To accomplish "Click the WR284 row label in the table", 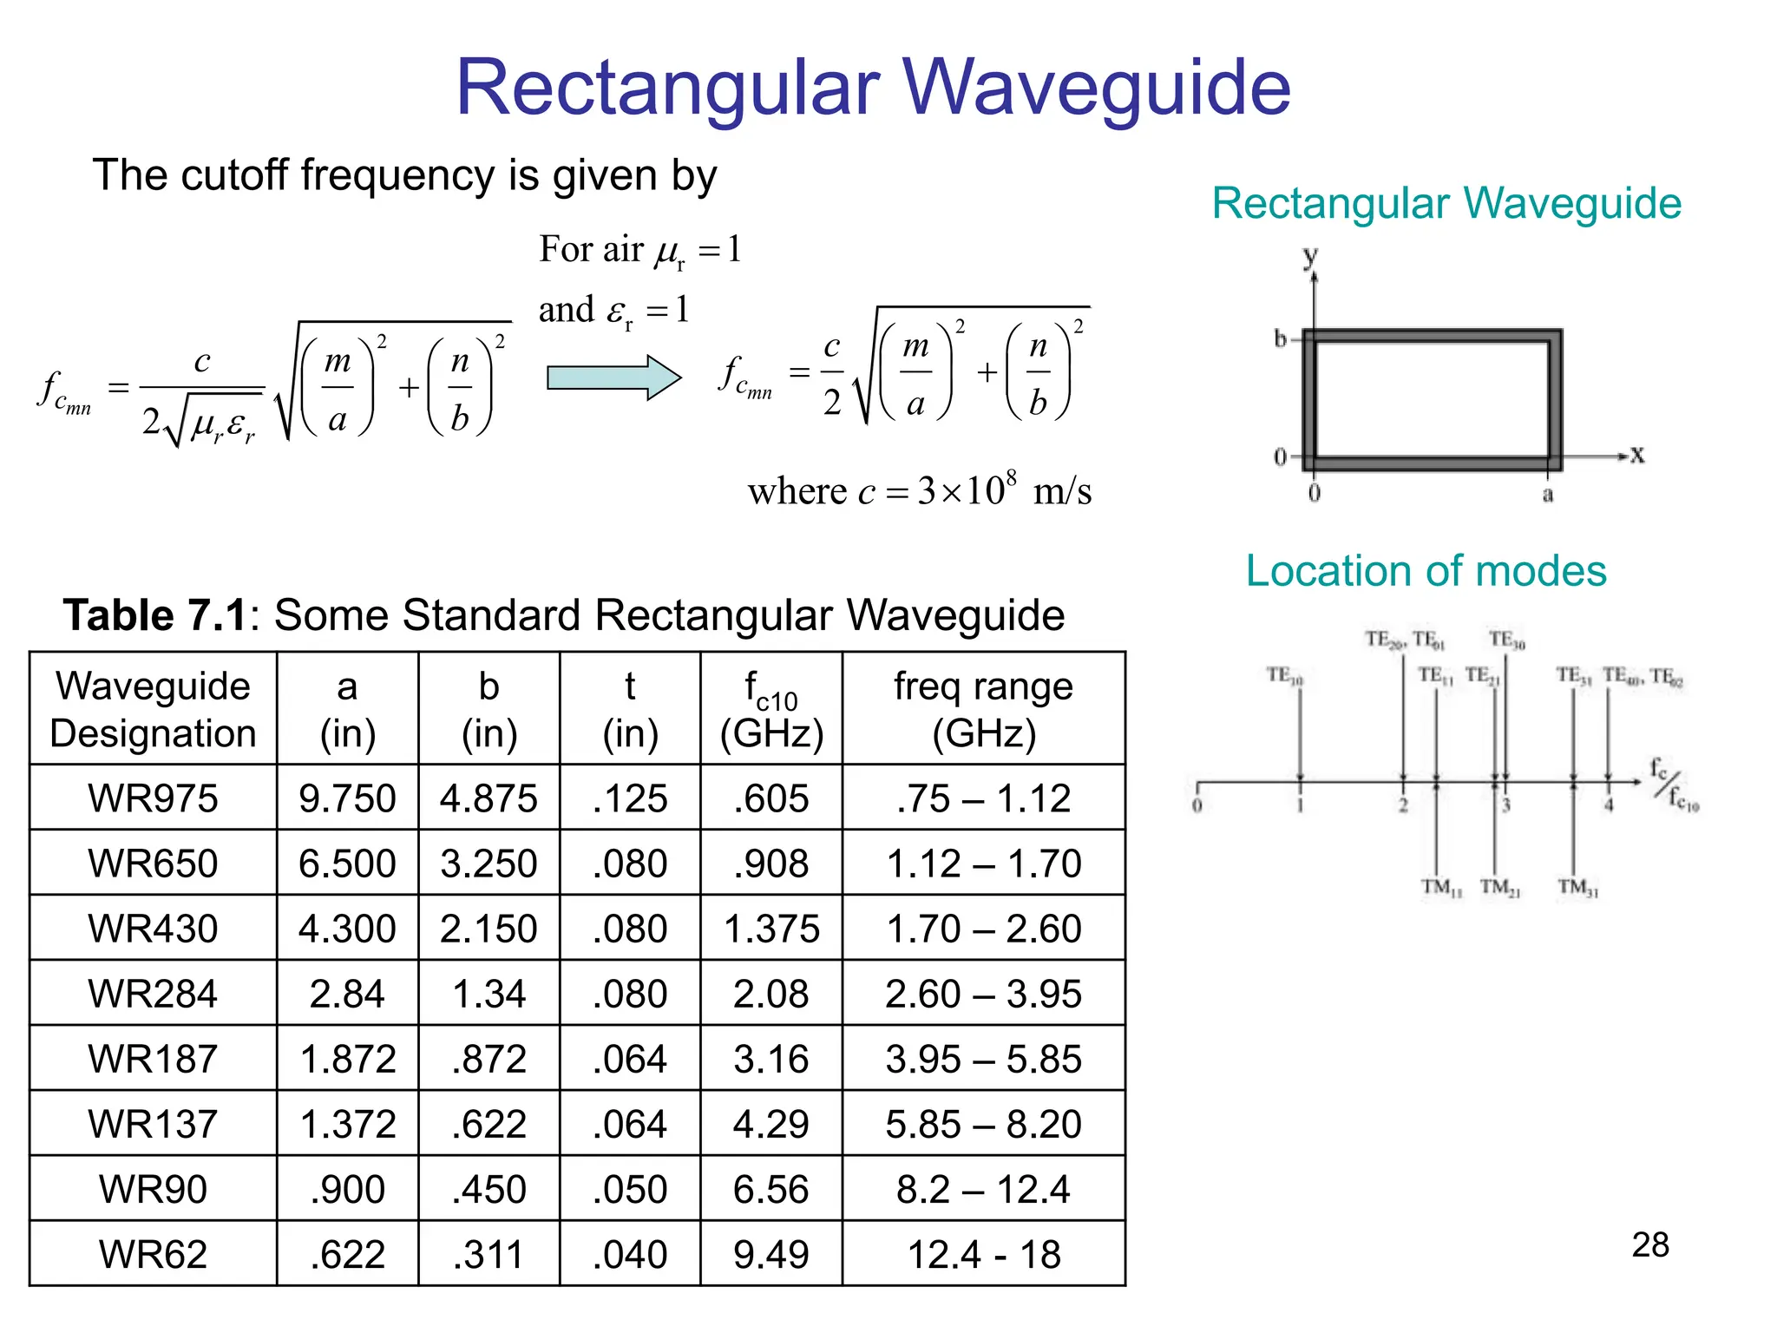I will click(x=153, y=994).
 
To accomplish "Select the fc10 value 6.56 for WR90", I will click(x=770, y=1189).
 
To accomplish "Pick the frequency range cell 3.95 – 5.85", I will click(x=983, y=1059).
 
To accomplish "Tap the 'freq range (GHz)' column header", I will click(x=983, y=709).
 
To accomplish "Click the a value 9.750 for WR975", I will click(x=347, y=798).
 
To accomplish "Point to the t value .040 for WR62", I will click(x=630, y=1254).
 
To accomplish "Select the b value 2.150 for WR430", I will click(x=489, y=929).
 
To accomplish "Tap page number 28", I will click(x=1649, y=1244).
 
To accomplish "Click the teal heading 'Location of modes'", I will click(x=1426, y=571).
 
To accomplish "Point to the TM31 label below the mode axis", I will click(x=1577, y=887).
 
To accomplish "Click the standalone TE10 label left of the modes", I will click(x=1284, y=675).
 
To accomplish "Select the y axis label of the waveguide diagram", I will click(x=1310, y=256).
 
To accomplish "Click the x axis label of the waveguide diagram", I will click(x=1636, y=455).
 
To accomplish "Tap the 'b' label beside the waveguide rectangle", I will click(x=1280, y=338).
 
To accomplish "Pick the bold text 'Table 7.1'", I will click(x=155, y=615).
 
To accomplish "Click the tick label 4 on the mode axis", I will click(x=1608, y=805).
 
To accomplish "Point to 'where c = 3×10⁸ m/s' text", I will click(x=919, y=491).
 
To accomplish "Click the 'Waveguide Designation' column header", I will click(x=153, y=709).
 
